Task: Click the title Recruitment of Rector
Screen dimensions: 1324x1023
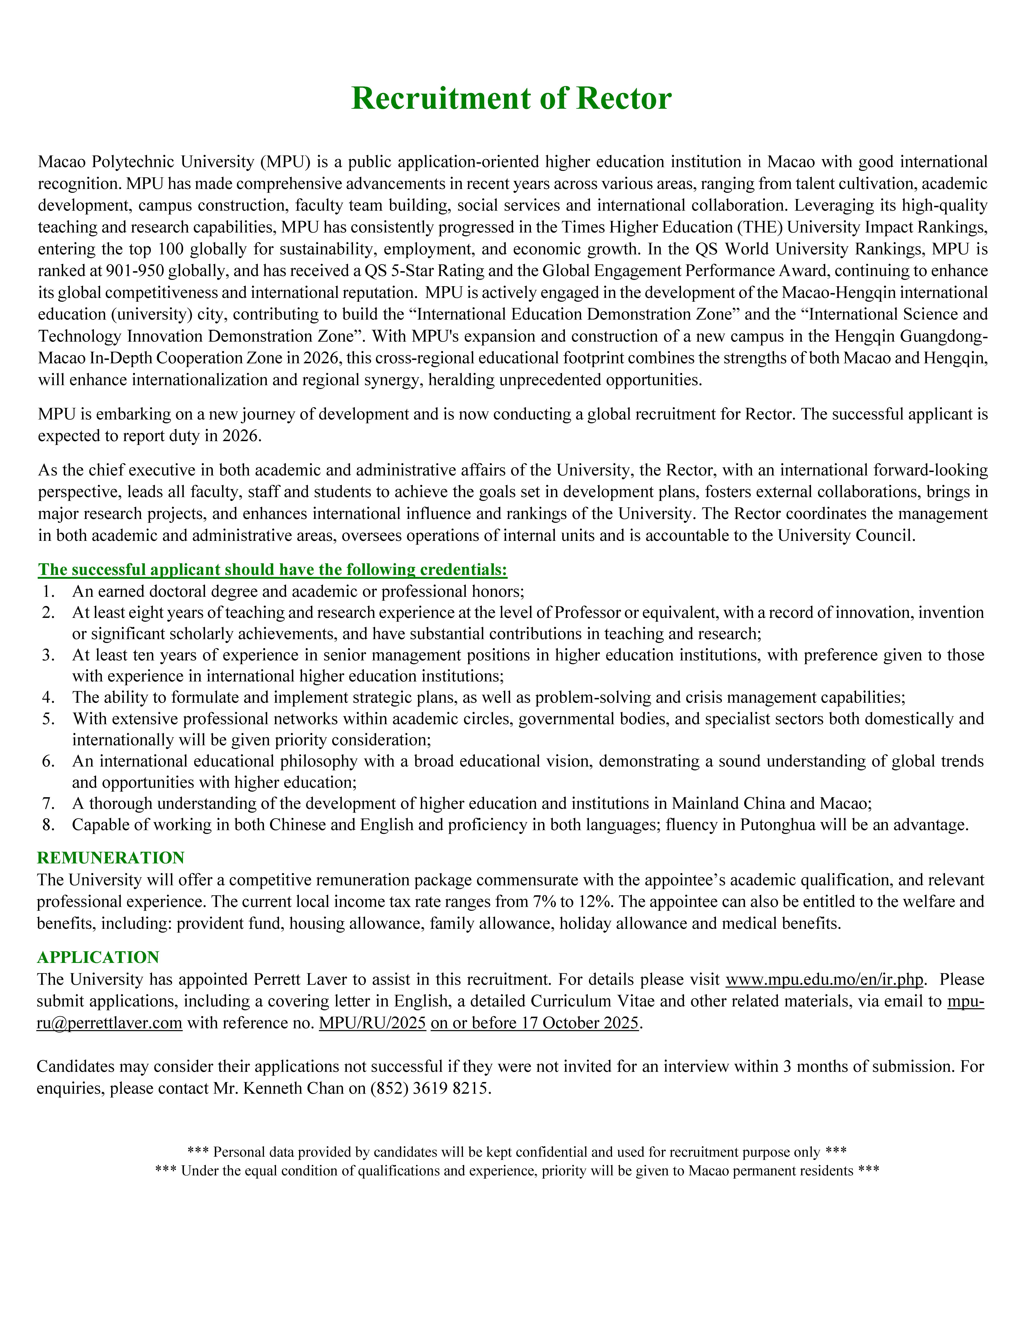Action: [x=511, y=98]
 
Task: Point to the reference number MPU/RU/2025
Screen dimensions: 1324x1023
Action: [x=372, y=1023]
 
